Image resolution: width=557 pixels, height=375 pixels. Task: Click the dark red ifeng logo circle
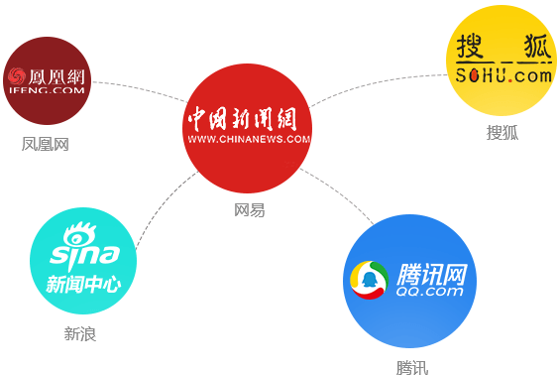click(x=47, y=79)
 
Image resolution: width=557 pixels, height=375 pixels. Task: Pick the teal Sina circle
click(x=82, y=261)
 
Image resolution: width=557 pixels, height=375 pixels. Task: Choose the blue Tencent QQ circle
click(x=410, y=281)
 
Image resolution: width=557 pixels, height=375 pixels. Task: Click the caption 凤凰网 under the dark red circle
click(x=46, y=145)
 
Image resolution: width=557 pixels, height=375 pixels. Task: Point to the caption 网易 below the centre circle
click(x=249, y=210)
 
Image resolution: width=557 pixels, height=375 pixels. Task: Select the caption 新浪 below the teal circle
click(x=80, y=333)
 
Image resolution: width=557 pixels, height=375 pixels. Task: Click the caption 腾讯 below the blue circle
click(x=411, y=368)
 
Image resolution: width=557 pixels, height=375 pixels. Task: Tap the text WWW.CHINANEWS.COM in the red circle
click(x=249, y=139)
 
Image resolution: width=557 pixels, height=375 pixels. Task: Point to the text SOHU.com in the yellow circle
click(x=502, y=75)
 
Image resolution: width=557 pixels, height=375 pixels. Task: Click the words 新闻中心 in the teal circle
click(x=83, y=285)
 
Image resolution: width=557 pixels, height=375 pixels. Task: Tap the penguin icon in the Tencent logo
click(x=371, y=280)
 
